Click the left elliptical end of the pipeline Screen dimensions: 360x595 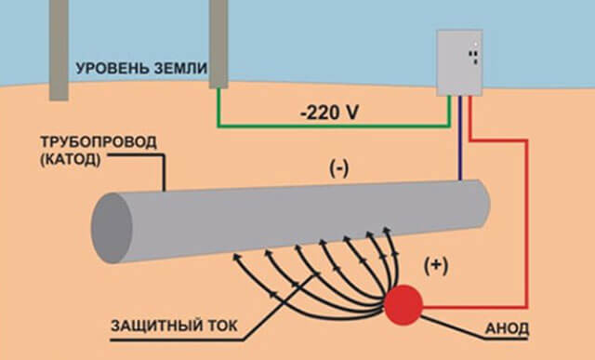[x=109, y=227]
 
